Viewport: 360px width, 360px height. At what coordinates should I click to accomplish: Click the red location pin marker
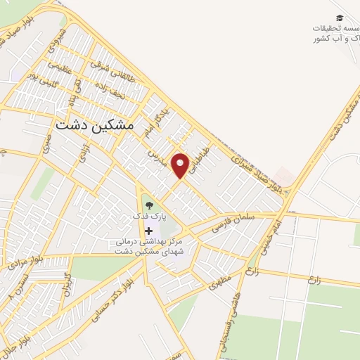pyautogui.click(x=181, y=165)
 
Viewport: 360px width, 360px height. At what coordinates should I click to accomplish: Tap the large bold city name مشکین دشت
pyautogui.click(x=94, y=123)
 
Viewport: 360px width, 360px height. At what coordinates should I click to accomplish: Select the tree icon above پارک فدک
pyautogui.click(x=148, y=205)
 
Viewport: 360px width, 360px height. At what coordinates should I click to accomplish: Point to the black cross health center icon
pyautogui.click(x=148, y=230)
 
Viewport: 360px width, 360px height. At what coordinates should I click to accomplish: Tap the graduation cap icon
pyautogui.click(x=340, y=18)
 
